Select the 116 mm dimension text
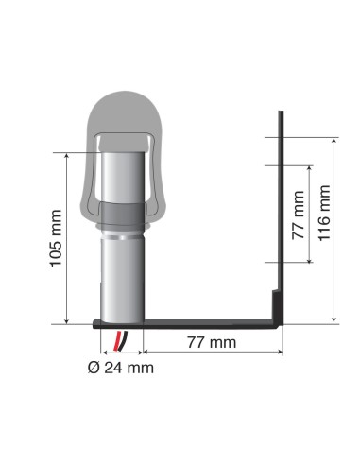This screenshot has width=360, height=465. [325, 213]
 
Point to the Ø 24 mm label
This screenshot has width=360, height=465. [119, 367]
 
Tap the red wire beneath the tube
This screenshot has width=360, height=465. [117, 339]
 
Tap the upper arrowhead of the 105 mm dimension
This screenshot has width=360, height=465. [68, 155]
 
